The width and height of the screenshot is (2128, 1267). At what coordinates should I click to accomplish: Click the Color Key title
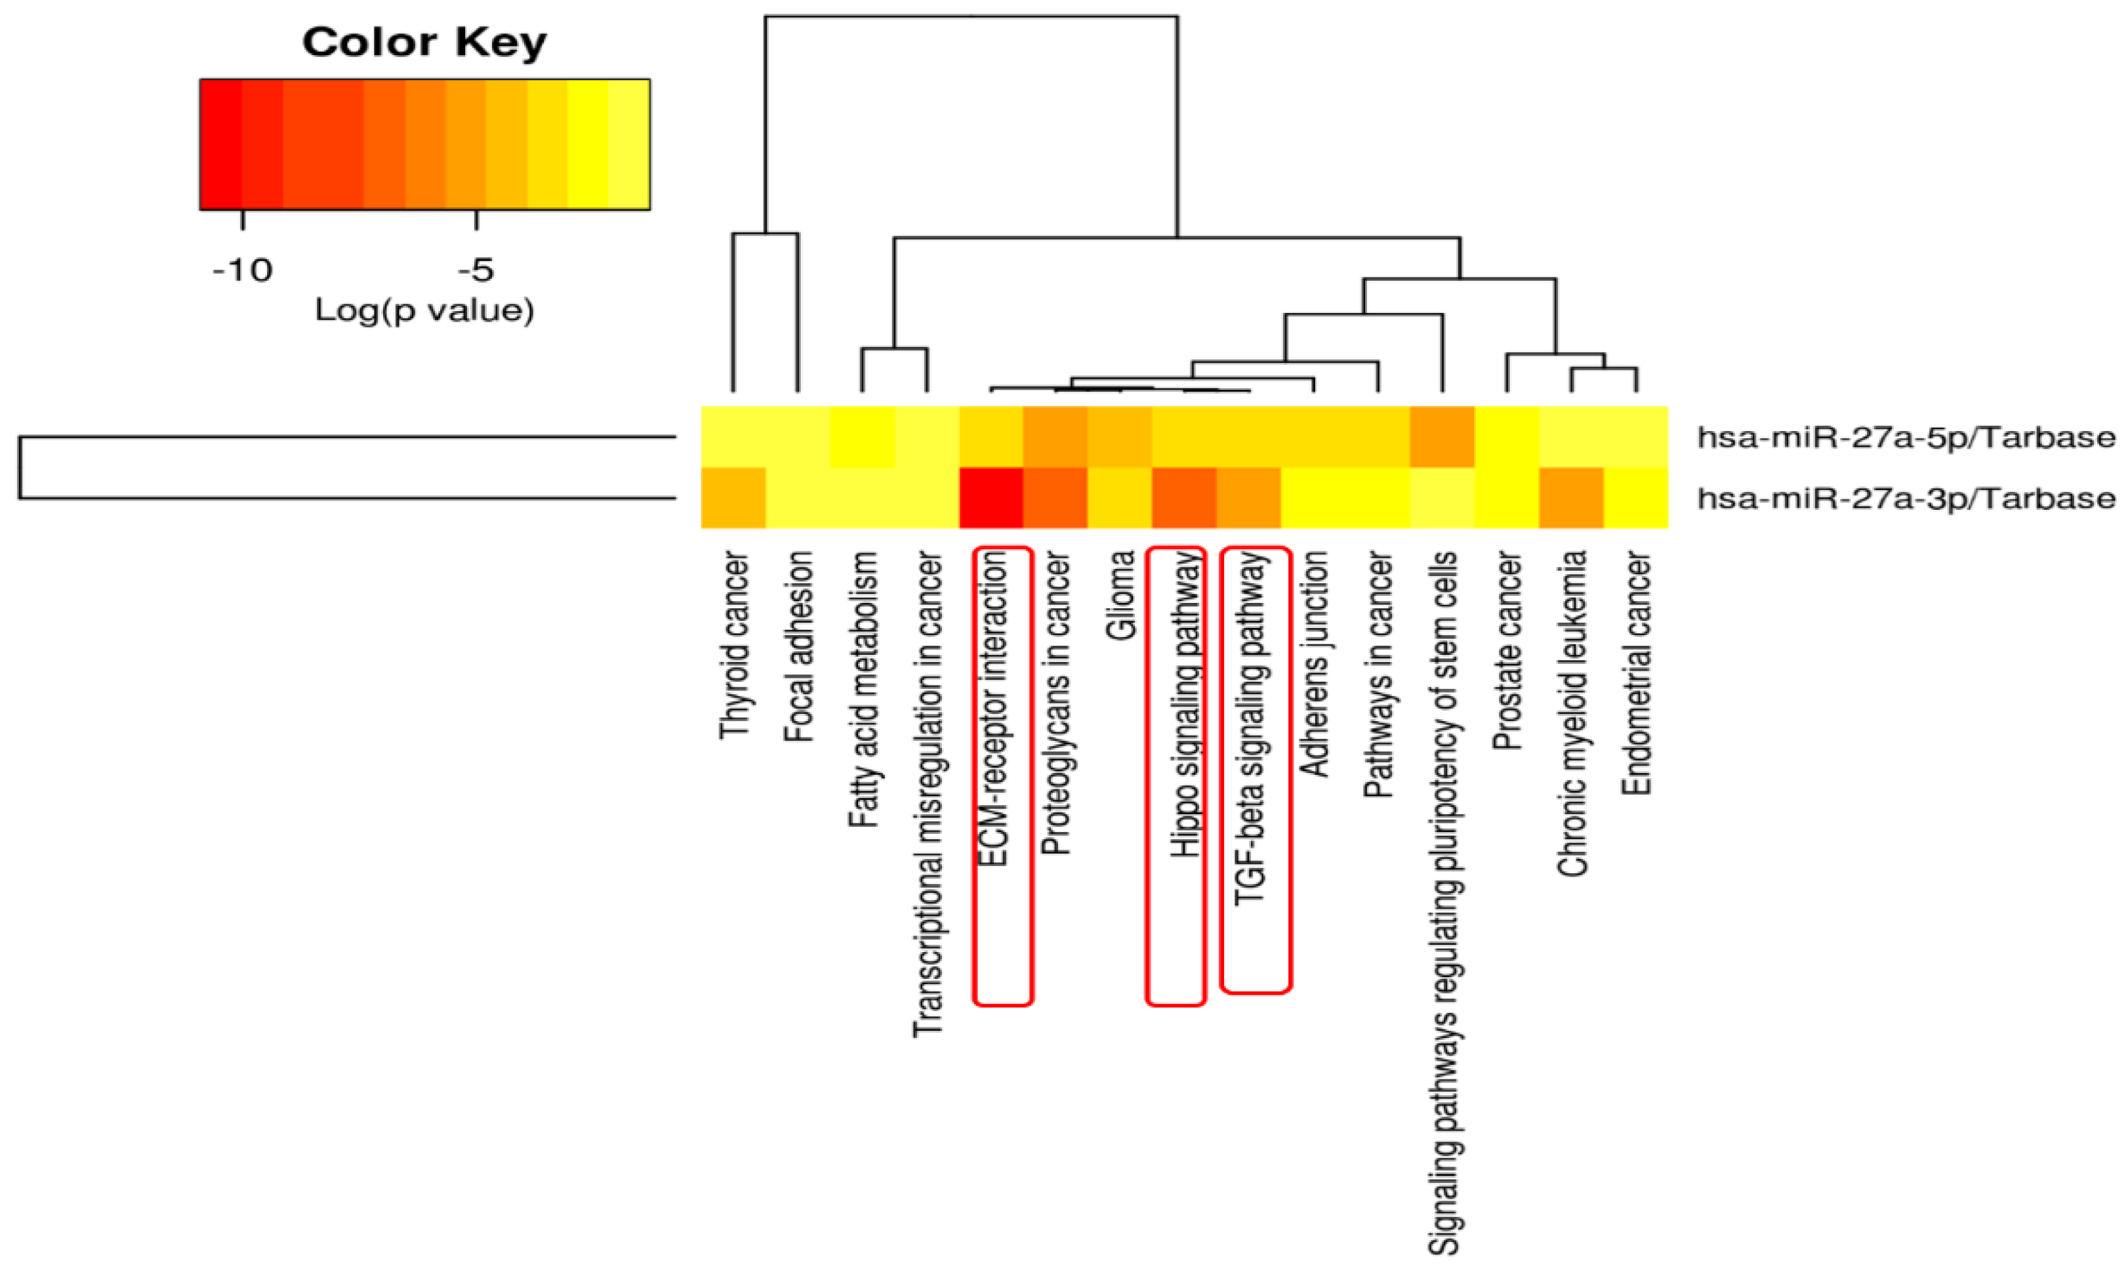click(424, 42)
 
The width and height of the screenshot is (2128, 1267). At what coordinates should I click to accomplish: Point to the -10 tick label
click(243, 270)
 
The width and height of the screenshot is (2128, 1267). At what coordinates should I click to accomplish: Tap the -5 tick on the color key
click(476, 270)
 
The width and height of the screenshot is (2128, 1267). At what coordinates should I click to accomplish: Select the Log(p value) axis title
click(424, 310)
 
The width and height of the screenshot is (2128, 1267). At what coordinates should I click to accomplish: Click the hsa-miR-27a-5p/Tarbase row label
click(1905, 437)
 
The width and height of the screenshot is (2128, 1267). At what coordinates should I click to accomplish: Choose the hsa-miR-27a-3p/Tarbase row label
click(1905, 498)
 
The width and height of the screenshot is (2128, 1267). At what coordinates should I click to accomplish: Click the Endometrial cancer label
click(1636, 673)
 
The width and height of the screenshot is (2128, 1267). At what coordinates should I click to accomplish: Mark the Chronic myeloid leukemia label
click(1572, 713)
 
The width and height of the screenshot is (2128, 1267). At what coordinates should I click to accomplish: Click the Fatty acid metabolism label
click(863, 689)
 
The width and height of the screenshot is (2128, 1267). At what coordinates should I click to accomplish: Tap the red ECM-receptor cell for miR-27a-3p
click(992, 498)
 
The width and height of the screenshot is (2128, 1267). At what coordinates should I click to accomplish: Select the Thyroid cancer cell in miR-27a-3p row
click(733, 498)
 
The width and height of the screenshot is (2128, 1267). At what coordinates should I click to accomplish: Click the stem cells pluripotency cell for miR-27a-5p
click(1443, 437)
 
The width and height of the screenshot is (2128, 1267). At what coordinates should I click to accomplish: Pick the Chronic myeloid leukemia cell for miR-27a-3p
click(1572, 498)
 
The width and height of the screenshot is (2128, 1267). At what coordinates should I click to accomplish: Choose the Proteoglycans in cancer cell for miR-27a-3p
click(1056, 498)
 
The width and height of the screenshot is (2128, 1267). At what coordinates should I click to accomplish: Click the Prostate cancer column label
click(1507, 651)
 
